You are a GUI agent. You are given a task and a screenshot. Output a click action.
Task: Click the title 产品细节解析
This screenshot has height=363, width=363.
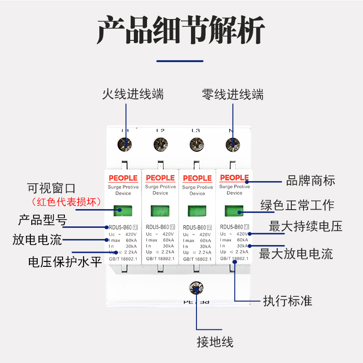(181, 30)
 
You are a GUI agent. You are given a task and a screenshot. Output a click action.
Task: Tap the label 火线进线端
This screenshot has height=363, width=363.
(132, 94)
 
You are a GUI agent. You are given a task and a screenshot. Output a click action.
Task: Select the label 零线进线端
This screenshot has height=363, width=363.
(232, 94)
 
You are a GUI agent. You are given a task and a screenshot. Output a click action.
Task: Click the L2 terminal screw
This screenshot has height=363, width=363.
(160, 144)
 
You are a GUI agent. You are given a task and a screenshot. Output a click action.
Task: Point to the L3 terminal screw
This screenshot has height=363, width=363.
(196, 144)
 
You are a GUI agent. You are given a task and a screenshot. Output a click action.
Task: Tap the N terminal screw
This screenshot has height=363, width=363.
(233, 144)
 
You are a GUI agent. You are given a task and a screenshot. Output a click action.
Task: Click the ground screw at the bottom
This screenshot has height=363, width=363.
(196, 288)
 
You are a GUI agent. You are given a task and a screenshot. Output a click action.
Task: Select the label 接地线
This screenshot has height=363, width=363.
(215, 342)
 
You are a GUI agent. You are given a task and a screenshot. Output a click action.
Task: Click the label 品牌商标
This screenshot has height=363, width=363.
(310, 181)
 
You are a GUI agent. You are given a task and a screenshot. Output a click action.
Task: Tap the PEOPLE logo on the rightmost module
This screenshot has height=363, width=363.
(234, 177)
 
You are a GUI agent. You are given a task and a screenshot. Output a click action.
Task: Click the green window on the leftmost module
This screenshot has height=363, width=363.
(123, 211)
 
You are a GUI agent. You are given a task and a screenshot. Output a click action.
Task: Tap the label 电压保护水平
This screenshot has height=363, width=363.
(65, 262)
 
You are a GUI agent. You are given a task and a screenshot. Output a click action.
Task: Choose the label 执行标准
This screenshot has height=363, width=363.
(288, 300)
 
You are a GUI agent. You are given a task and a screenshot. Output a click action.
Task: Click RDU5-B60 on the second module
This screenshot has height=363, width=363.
(158, 227)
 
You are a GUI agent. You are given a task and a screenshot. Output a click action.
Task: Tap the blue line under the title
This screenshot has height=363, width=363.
(180, 61)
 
